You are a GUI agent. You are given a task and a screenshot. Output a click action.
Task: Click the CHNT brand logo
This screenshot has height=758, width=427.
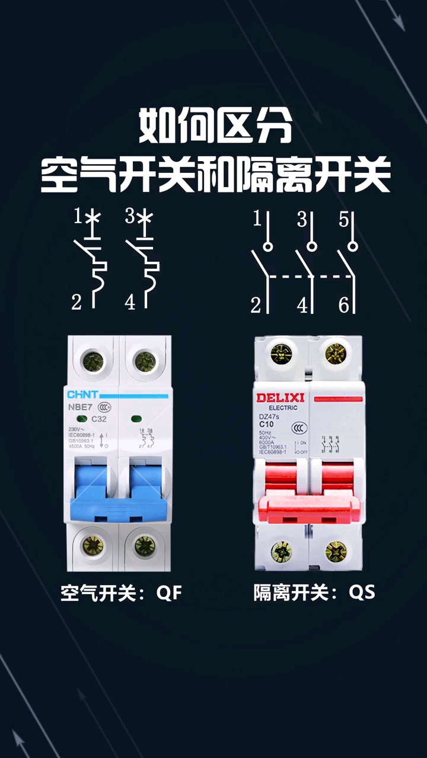click(82, 395)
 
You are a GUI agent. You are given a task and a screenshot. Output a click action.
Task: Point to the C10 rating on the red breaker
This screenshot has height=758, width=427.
click(267, 424)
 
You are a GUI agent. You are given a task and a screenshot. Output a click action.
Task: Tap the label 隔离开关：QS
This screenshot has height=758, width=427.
click(314, 592)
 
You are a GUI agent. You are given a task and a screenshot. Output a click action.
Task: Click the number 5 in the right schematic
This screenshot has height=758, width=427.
click(344, 220)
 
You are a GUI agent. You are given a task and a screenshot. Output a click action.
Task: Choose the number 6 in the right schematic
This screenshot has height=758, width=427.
click(344, 305)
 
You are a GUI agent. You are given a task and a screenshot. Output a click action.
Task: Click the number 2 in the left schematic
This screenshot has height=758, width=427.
click(77, 303)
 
